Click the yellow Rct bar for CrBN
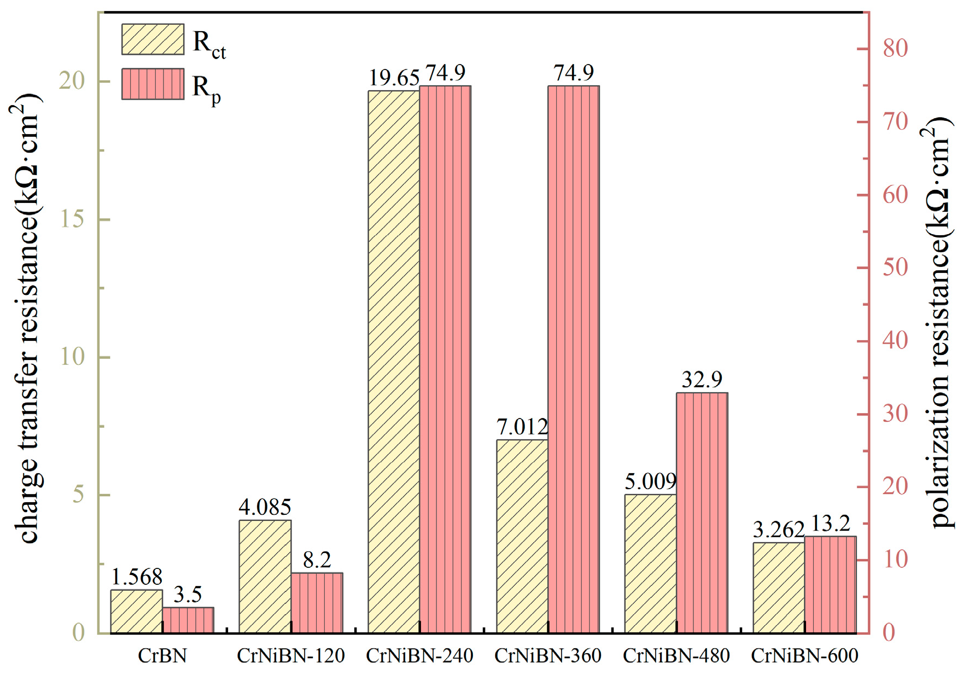(x=137, y=612)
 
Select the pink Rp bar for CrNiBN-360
(x=574, y=359)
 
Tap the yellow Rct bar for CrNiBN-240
(x=394, y=362)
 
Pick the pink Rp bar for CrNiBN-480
(x=702, y=513)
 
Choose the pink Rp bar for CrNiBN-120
(x=317, y=603)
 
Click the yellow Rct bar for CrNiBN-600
(x=779, y=588)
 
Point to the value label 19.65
(x=394, y=78)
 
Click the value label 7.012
(x=522, y=427)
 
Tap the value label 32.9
(x=702, y=379)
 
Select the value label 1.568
(x=137, y=577)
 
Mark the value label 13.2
(x=830, y=524)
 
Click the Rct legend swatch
(x=153, y=39)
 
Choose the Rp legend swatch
(x=153, y=84)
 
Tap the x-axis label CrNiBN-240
(x=419, y=655)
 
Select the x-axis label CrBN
(x=162, y=655)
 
